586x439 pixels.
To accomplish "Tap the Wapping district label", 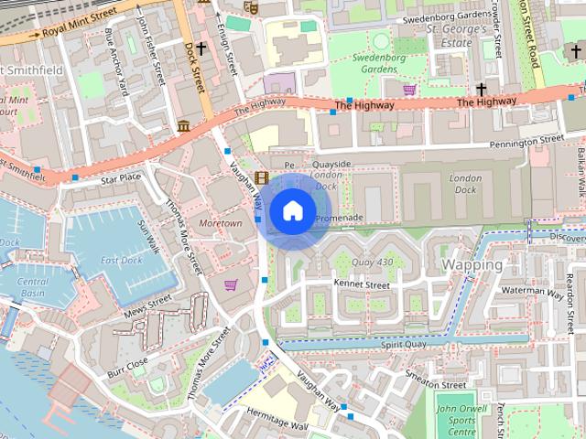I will point(472,264).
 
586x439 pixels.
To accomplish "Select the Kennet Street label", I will point(362,285).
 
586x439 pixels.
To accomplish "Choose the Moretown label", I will point(221,223).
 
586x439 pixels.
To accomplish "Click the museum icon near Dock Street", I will point(183,124).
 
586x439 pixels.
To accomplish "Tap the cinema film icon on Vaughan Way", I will point(263,177).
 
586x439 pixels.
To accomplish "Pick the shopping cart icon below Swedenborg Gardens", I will point(408,90).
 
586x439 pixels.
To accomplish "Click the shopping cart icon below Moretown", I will point(229,284).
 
